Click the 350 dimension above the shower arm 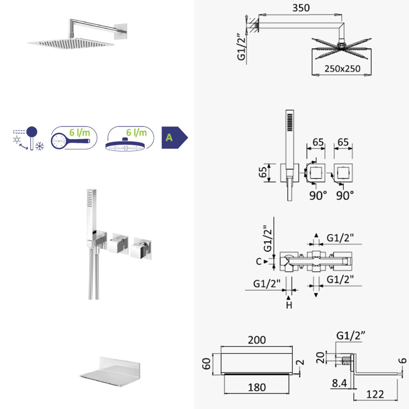(x=301, y=8)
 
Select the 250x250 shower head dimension (x=342, y=69)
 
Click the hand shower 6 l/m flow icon (x=74, y=138)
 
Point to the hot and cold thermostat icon (x=28, y=139)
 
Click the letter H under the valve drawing (x=289, y=305)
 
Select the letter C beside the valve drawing (x=258, y=261)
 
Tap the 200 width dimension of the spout (x=257, y=340)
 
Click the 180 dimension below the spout (x=257, y=387)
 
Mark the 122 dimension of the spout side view (x=375, y=394)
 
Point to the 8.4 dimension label (x=340, y=383)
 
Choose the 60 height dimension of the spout (x=206, y=363)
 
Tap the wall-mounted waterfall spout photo (x=110, y=371)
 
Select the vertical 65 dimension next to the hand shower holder (x=263, y=173)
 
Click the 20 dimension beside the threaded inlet (x=320, y=357)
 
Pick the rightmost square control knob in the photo (x=141, y=248)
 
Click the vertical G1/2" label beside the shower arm (x=242, y=47)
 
